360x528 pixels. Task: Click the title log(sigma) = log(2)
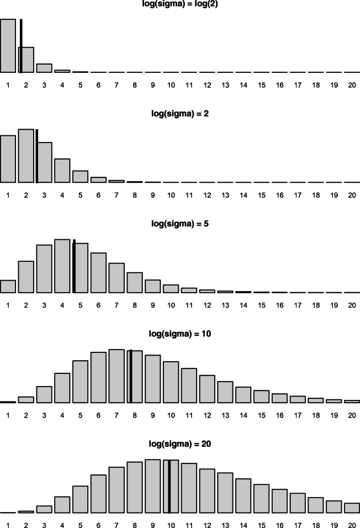click(180, 4)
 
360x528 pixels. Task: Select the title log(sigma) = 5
click(180, 224)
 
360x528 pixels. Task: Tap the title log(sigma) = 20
click(180, 443)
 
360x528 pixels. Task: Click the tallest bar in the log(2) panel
click(8, 46)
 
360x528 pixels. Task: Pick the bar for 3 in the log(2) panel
click(44, 68)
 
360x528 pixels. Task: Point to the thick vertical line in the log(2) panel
click(21, 46)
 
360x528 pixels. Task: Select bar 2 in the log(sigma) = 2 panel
click(26, 156)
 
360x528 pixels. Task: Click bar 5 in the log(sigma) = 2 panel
click(80, 177)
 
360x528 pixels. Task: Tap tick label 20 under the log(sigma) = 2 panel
click(352, 195)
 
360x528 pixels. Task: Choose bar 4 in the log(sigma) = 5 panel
click(62, 266)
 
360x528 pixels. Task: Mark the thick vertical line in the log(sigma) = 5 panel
click(74, 266)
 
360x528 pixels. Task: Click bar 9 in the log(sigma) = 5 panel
click(153, 287)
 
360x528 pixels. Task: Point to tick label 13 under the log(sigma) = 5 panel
click(225, 305)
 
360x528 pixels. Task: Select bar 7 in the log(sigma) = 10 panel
click(117, 376)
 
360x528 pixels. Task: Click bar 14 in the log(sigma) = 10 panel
click(243, 395)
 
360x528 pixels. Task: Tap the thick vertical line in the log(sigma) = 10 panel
click(131, 376)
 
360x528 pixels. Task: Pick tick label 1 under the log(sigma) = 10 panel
click(8, 415)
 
